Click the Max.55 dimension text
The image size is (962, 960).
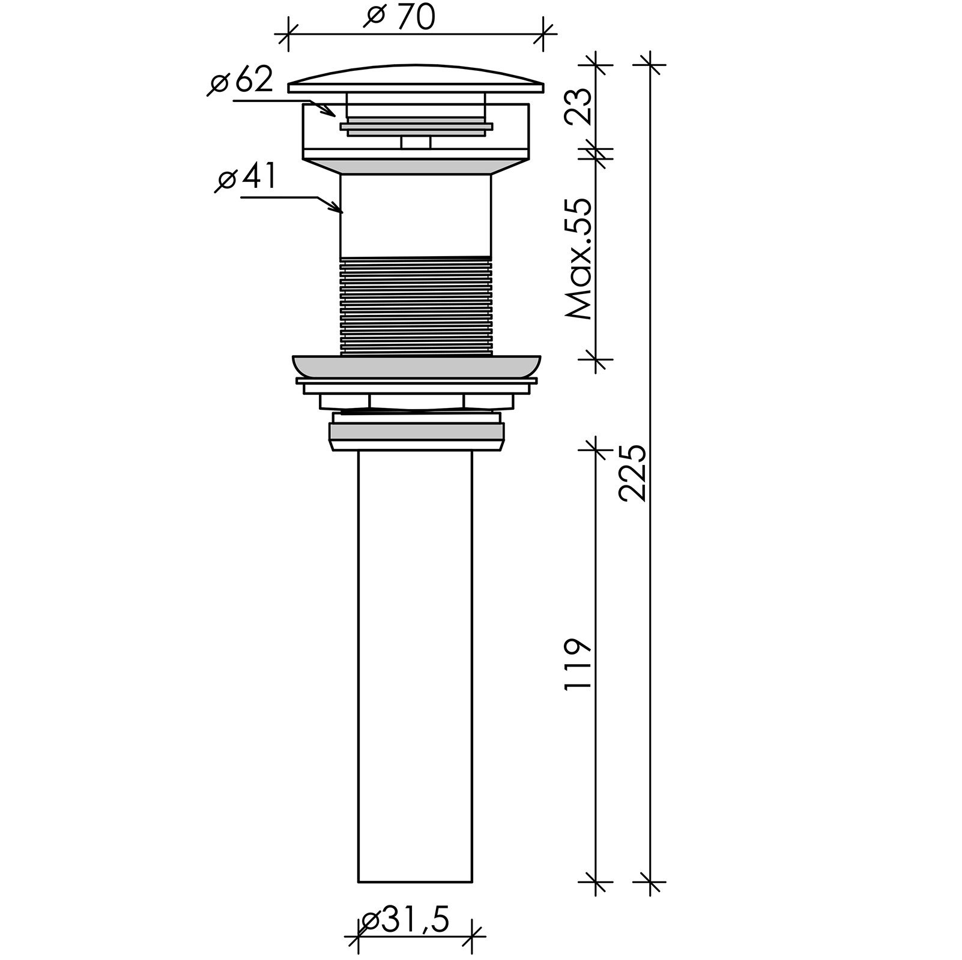(x=578, y=258)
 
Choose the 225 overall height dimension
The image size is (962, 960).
(x=632, y=473)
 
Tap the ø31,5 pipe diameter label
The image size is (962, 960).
(x=405, y=921)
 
